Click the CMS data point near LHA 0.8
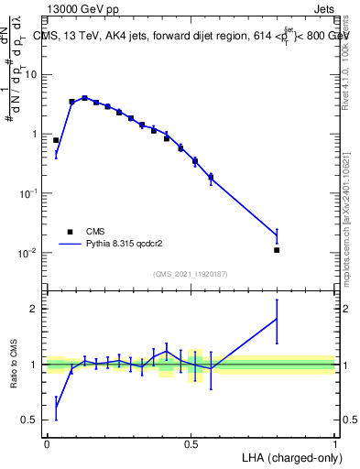coord(277,250)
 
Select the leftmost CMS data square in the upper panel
coord(56,140)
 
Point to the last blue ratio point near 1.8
coord(277,319)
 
